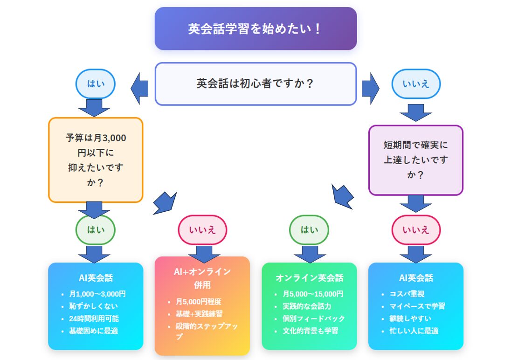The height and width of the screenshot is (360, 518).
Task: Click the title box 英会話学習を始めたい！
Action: coord(256,29)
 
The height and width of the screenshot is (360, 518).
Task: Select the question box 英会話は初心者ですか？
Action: coord(256,84)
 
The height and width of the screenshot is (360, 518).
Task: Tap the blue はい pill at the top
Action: coord(96,84)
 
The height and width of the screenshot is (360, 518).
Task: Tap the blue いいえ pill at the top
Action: coord(416,84)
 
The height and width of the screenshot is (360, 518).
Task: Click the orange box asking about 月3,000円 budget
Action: coord(96,160)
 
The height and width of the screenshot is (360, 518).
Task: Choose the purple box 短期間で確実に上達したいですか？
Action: coord(416,160)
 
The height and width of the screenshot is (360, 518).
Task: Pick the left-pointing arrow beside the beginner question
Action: coord(139,89)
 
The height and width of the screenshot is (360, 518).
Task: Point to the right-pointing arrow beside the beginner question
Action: coord(370,89)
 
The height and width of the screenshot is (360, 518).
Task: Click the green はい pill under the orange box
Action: coord(96,230)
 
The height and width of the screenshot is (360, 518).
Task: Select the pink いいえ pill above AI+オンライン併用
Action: coord(202,230)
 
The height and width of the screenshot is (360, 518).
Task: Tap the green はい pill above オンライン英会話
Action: coord(309,230)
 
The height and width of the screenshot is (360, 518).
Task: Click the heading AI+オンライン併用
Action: coord(202,278)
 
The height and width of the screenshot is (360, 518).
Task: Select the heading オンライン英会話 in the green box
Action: coord(310,278)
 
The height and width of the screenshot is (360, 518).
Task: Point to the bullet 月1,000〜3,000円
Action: coord(97,294)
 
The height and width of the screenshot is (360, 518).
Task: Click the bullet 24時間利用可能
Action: coord(94,318)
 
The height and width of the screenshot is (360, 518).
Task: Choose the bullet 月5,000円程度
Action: coord(199,302)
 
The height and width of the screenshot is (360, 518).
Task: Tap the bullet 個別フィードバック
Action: coord(313,318)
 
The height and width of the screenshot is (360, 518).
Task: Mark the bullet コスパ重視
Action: coord(407,294)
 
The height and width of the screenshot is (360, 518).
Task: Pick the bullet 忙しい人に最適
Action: coord(414,331)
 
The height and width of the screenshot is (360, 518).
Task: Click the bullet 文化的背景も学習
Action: coord(310,331)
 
